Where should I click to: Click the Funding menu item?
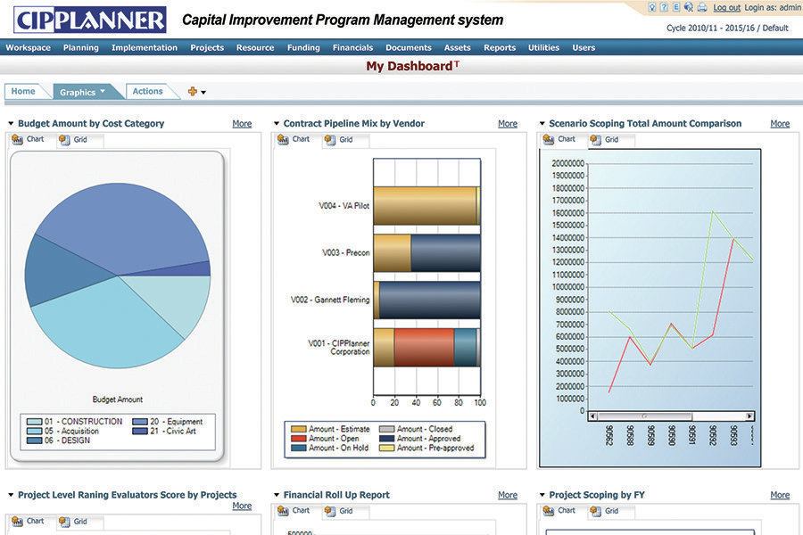303,48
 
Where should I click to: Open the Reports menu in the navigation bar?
500,48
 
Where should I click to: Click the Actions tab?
148,91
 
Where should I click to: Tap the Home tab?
23,91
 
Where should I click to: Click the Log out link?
726,7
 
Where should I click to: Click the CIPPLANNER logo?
89,20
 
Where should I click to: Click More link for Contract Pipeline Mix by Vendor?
508,124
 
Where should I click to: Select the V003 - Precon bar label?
345,252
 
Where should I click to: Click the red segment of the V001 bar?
424,347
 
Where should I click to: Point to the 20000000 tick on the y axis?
567,163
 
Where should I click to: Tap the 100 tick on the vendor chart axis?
479,403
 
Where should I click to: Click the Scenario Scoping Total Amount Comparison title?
645,124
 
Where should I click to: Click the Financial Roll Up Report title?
336,495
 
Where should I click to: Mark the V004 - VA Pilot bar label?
344,205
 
